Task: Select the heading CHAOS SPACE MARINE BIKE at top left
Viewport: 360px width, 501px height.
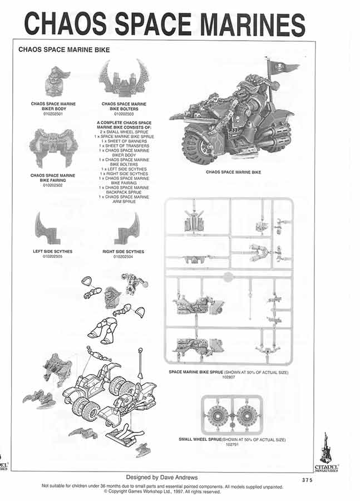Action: pyautogui.click(x=64, y=50)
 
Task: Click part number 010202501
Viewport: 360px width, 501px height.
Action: pyautogui.click(x=53, y=114)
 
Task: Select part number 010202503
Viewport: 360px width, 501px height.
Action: pyautogui.click(x=124, y=114)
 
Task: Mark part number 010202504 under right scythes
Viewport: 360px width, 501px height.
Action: pyautogui.click(x=124, y=257)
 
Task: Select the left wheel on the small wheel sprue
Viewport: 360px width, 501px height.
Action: pyautogui.click(x=217, y=415)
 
